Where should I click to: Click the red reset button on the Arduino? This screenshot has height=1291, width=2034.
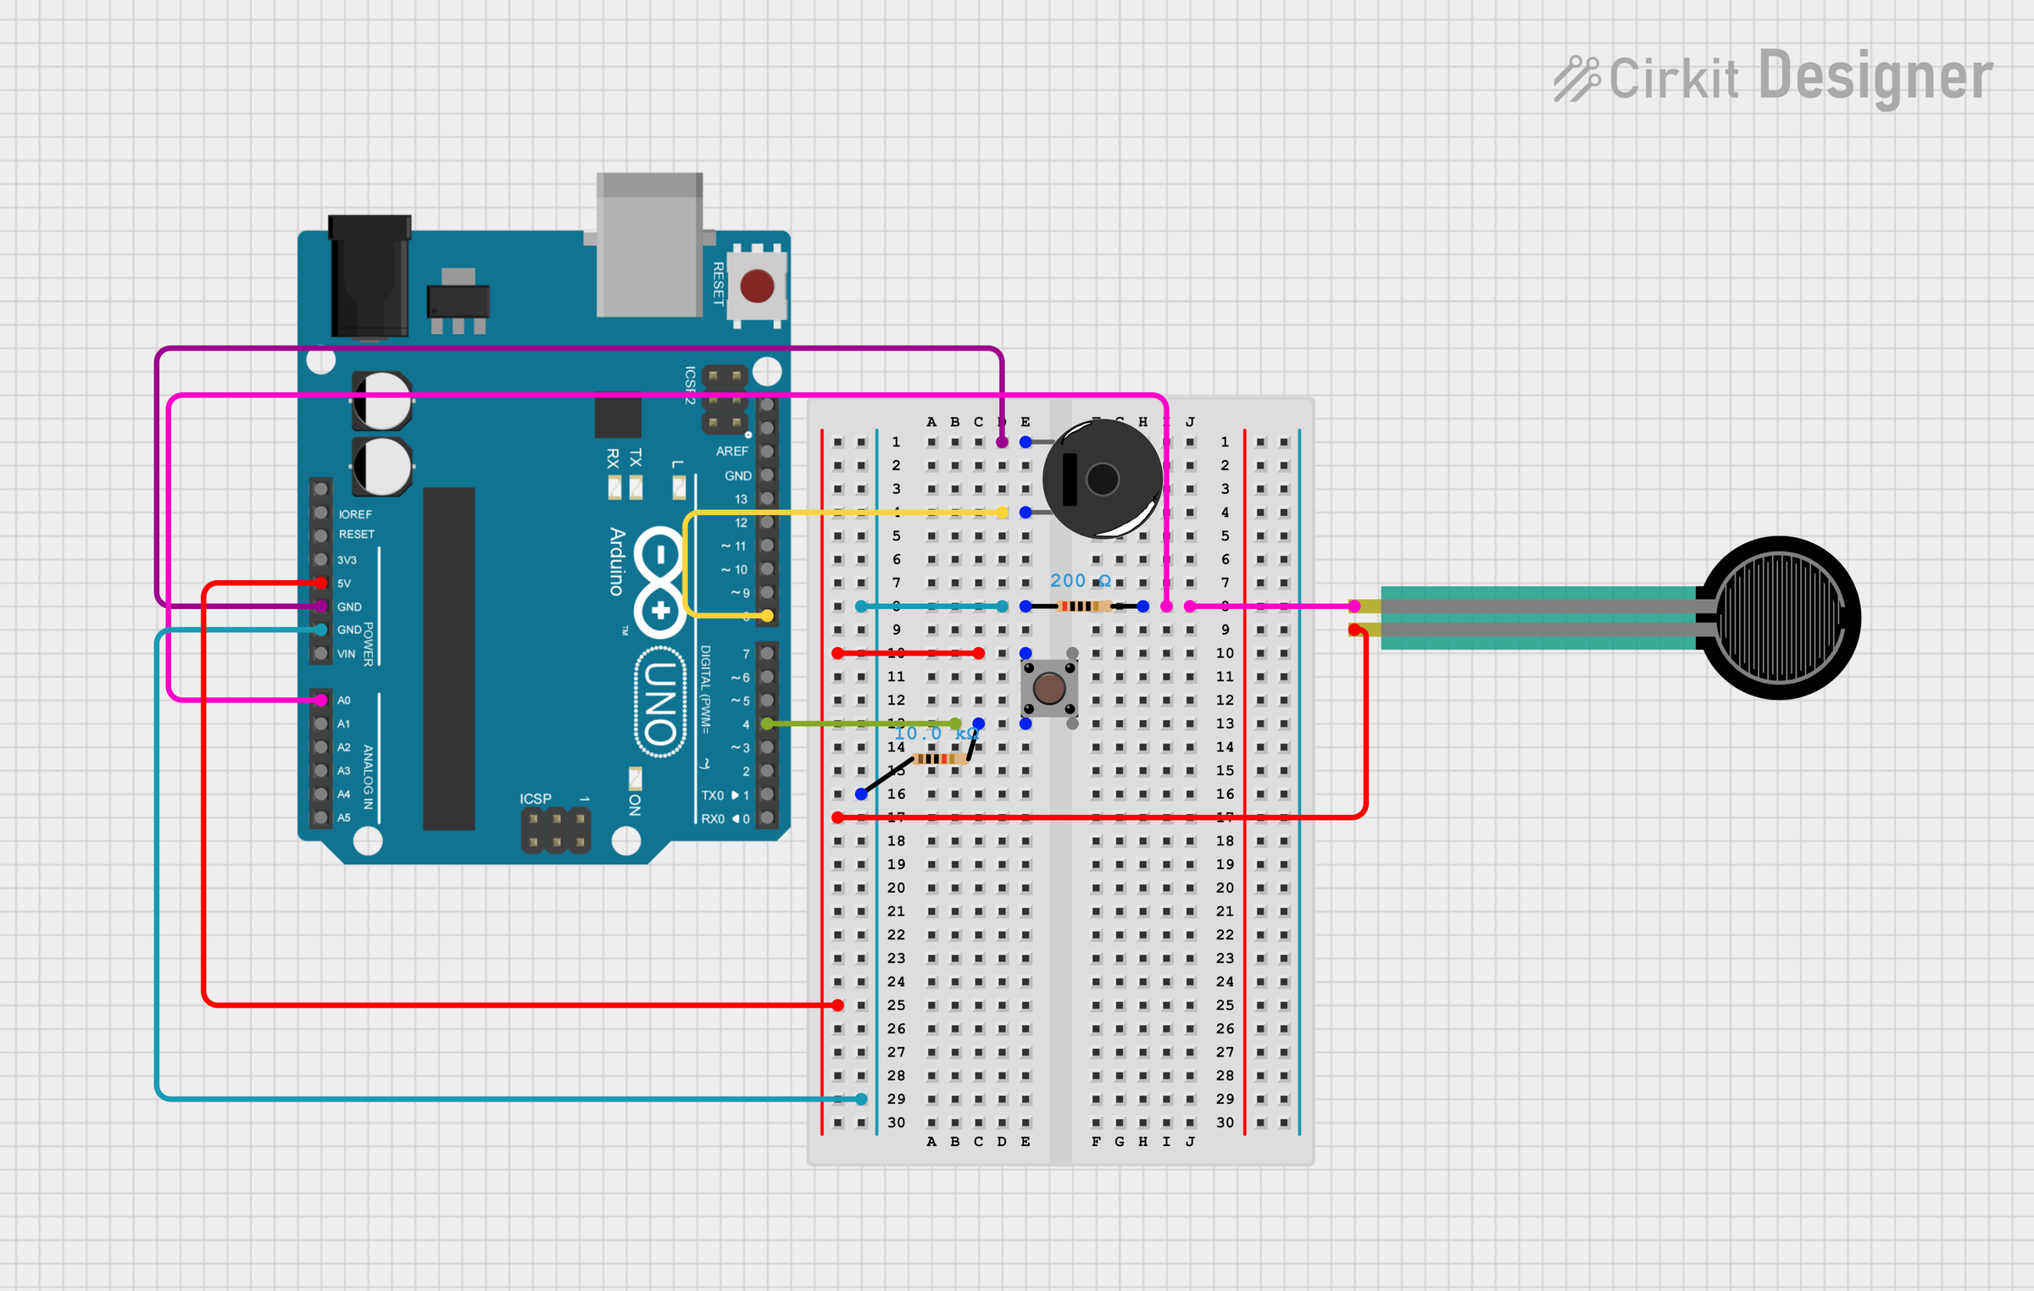[757, 286]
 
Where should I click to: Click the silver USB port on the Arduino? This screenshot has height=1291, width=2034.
[649, 246]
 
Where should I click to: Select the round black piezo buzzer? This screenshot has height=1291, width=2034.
[1102, 479]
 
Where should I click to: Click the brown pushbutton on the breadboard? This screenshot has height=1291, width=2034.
[1049, 688]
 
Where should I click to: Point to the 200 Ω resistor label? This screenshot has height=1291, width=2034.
[1080, 581]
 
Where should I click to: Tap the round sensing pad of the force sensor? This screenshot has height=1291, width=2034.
[1780, 618]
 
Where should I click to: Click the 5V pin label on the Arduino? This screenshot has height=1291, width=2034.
[344, 584]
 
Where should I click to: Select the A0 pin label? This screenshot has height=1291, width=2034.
[344, 701]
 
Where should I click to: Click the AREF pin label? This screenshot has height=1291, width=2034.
[731, 452]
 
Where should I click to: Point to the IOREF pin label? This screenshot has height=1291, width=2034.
[355, 514]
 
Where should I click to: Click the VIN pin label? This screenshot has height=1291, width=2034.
[346, 654]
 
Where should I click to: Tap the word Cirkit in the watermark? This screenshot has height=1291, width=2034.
[1674, 79]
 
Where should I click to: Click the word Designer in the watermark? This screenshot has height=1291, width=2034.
[1876, 77]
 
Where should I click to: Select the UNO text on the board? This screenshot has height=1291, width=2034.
[661, 702]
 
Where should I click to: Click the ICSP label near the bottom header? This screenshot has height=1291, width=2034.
[535, 799]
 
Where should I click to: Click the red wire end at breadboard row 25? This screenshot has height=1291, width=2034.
[837, 1006]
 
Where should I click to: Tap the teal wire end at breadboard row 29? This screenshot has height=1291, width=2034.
[861, 1099]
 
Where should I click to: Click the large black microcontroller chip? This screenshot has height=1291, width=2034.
[448, 658]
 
